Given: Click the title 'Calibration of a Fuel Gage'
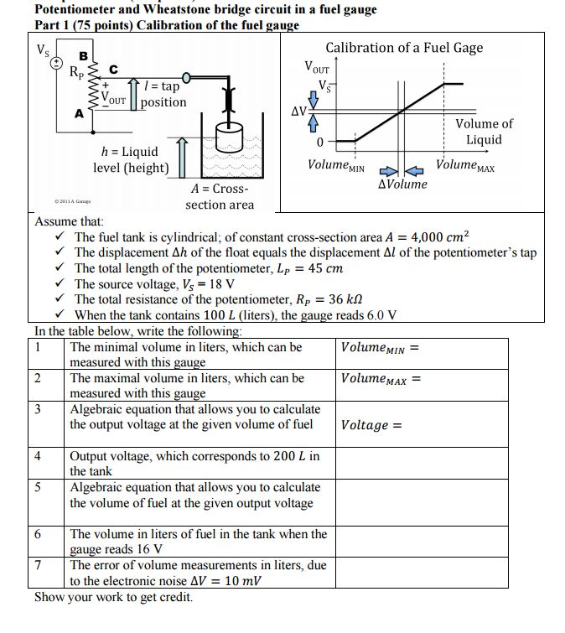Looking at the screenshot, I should click(404, 47).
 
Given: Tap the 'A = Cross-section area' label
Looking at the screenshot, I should click(219, 197).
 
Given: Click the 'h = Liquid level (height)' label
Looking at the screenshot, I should click(130, 160).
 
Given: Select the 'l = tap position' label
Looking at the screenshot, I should click(163, 94).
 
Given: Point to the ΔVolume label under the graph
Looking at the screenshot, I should click(402, 184).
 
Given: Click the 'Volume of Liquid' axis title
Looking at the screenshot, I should click(484, 132).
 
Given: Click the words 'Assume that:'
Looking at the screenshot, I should click(70, 221).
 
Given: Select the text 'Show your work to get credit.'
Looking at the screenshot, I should click(113, 598).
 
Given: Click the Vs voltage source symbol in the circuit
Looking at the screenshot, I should click(55, 62).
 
